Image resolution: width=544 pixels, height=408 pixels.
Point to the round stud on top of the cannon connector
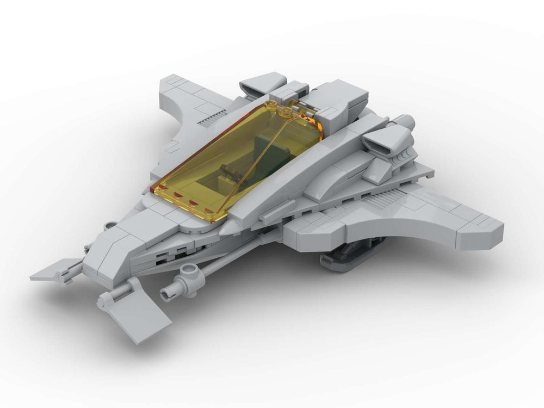point(190,270)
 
